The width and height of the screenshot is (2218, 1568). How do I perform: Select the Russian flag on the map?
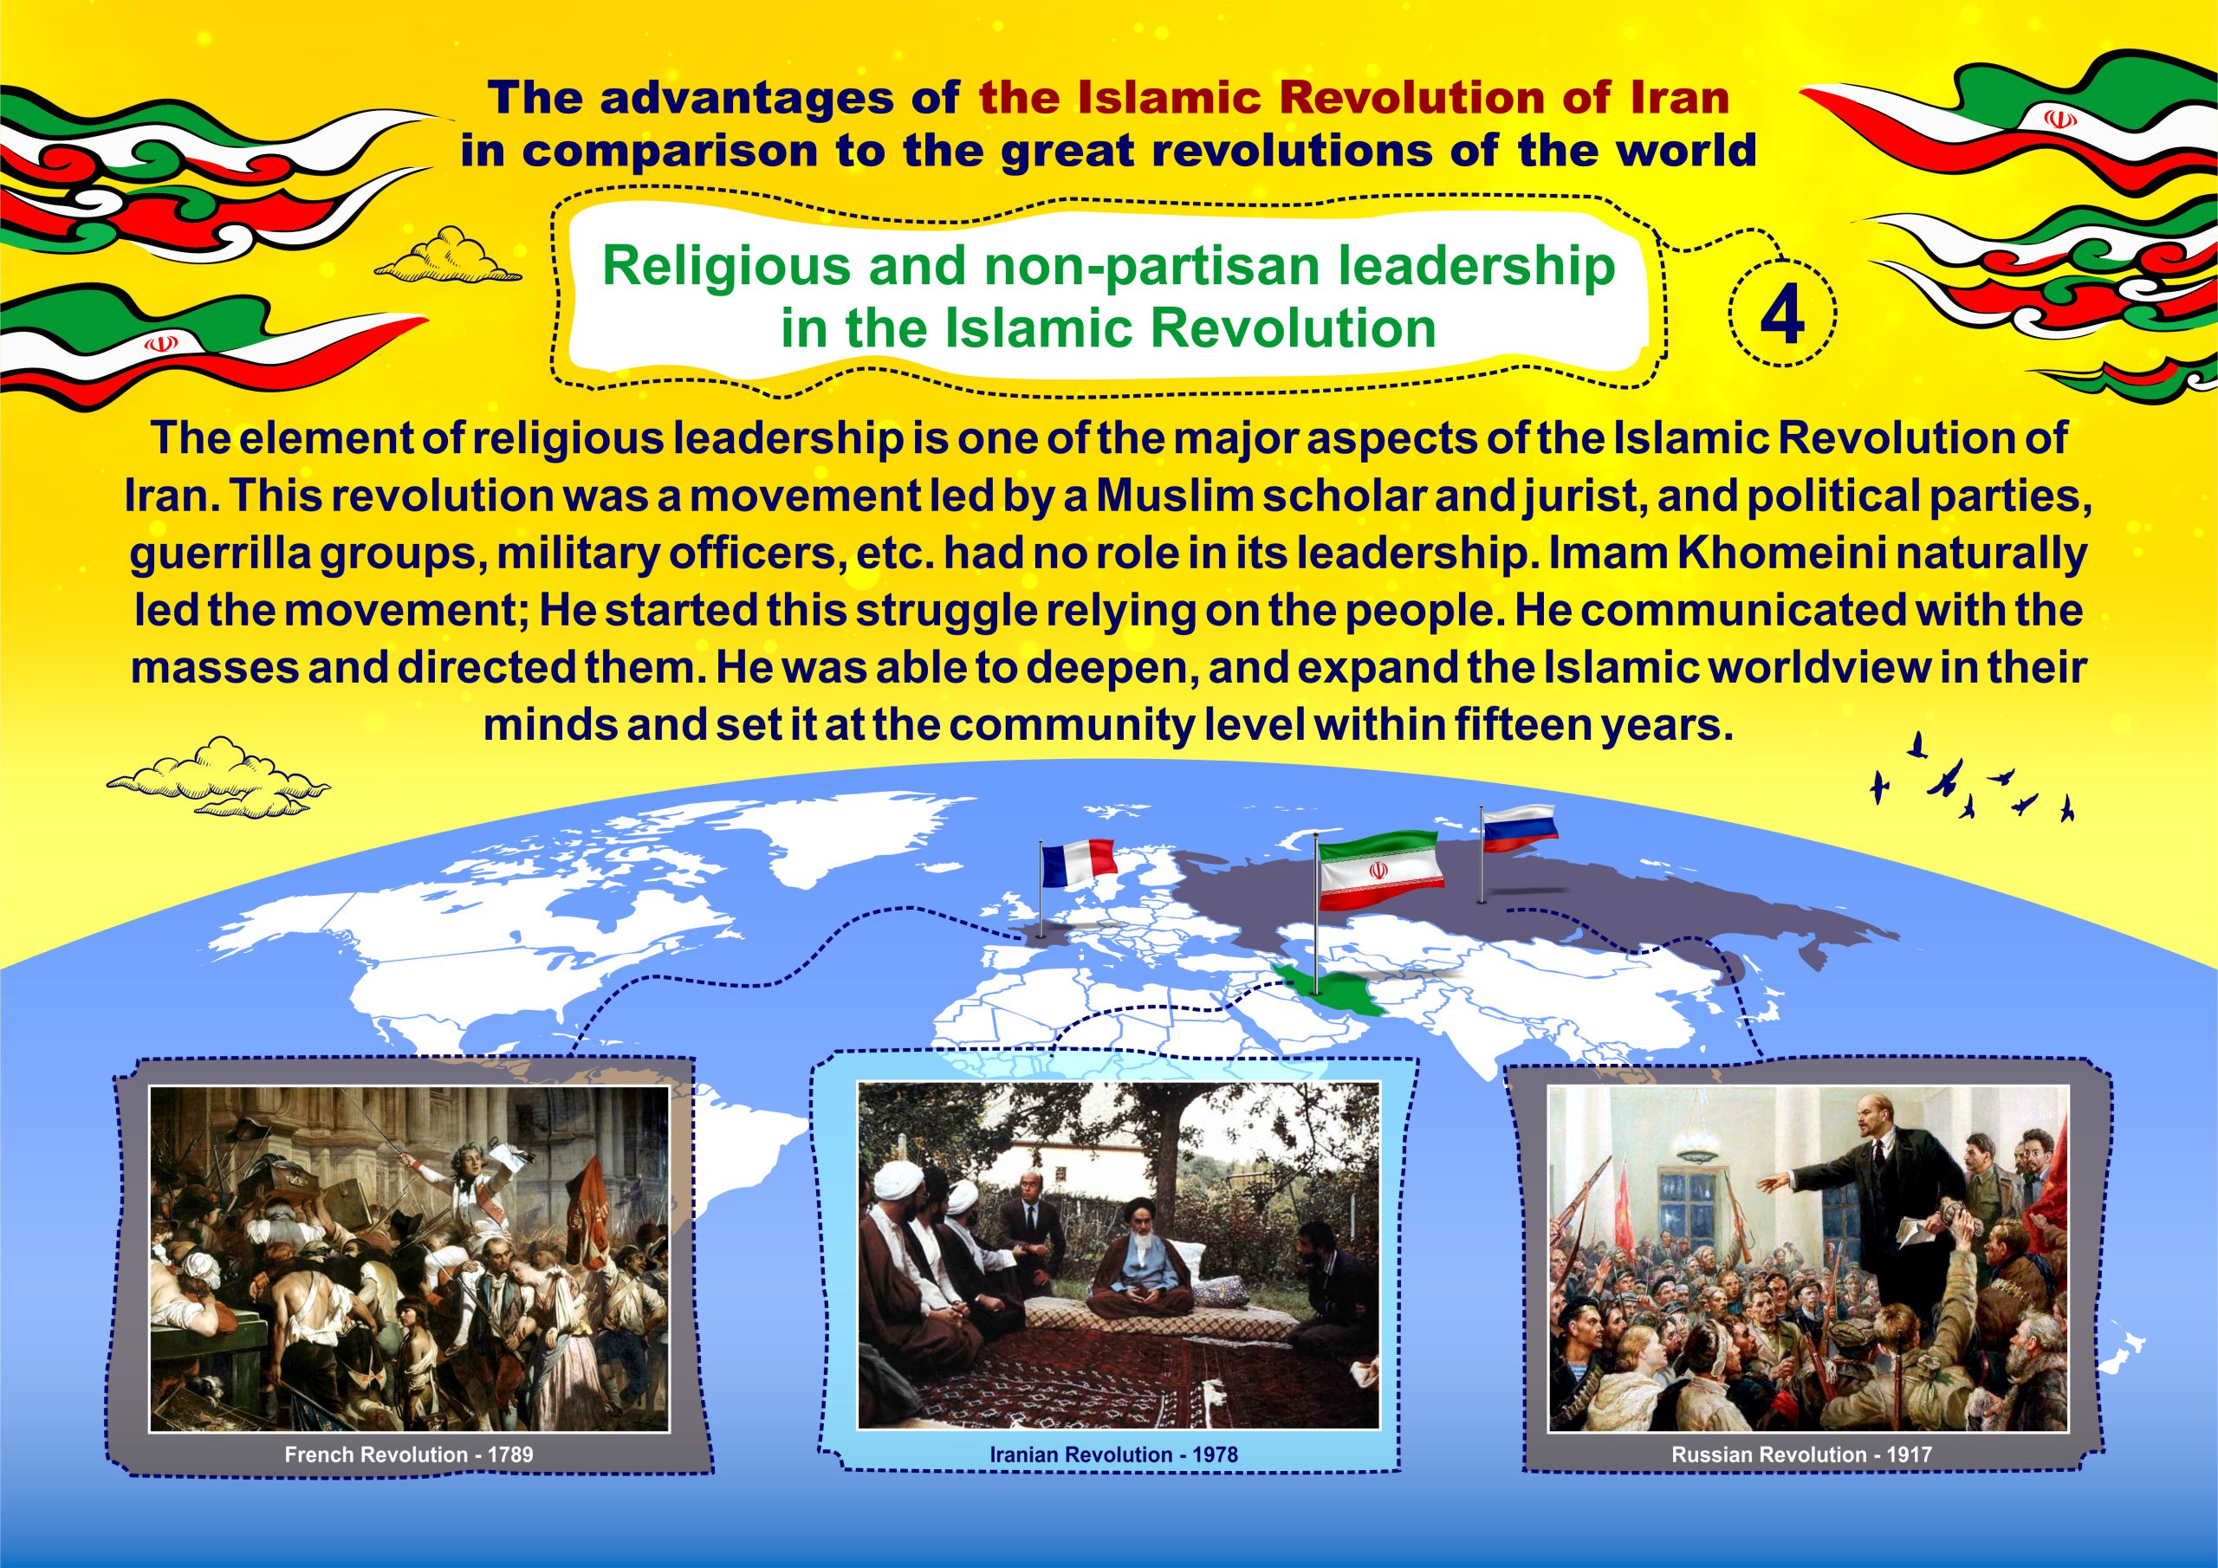click(1519, 828)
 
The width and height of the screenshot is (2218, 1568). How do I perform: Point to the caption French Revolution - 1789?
click(409, 1454)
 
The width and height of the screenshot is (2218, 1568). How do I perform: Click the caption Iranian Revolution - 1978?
click(1114, 1454)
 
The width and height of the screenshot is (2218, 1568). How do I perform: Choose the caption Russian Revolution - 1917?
click(1801, 1454)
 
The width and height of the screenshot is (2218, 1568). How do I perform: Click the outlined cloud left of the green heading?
click(447, 257)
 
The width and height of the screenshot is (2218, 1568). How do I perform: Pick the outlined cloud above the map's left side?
click(218, 778)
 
